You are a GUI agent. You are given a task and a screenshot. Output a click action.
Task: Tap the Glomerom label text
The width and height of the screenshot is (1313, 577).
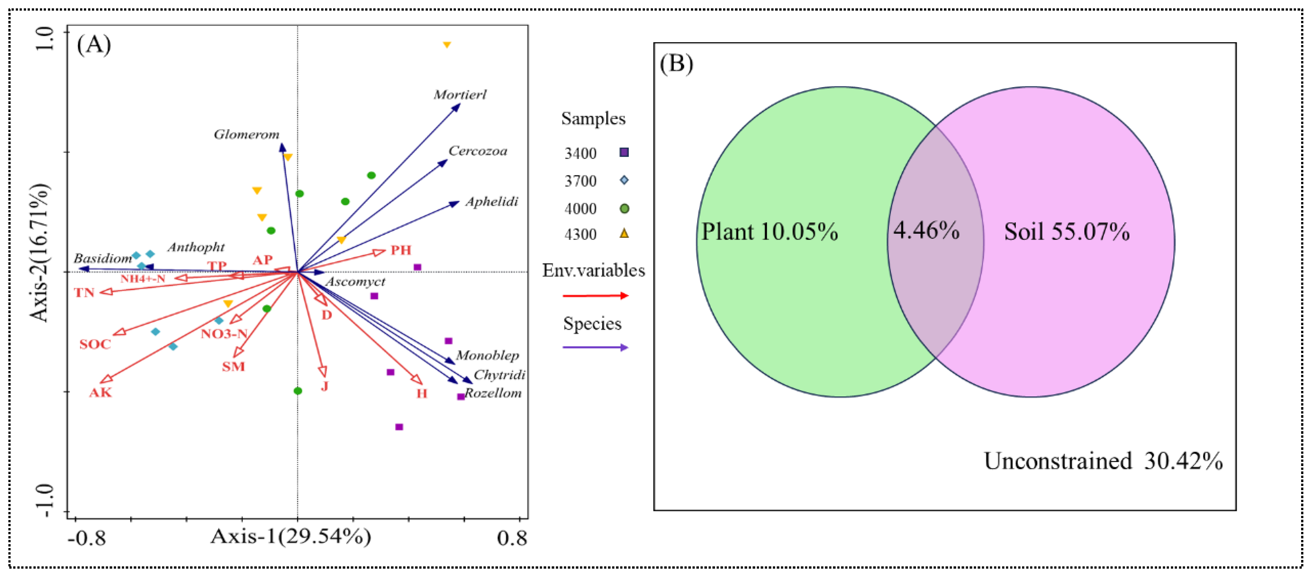(x=246, y=135)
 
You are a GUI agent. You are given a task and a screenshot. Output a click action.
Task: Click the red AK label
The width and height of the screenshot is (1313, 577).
(x=100, y=392)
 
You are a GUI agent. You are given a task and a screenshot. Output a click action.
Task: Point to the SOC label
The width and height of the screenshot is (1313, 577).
(x=95, y=344)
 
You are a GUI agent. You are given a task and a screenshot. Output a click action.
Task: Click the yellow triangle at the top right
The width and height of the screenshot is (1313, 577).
(x=447, y=45)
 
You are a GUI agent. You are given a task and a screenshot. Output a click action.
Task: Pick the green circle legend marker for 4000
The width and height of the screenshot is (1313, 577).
(x=624, y=209)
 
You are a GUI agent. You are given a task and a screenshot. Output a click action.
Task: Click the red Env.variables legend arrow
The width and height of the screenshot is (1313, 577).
(x=595, y=296)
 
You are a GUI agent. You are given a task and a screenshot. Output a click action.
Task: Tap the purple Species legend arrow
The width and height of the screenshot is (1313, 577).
(x=595, y=348)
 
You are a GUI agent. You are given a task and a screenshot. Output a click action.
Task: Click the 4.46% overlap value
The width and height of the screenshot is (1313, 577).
(x=926, y=231)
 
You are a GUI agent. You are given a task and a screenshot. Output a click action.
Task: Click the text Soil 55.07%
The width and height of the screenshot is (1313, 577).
(x=1066, y=232)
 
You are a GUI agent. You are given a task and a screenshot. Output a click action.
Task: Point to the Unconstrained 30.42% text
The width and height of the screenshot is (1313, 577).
(x=1102, y=461)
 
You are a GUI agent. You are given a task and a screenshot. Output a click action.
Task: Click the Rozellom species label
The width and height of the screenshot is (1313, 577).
(x=493, y=393)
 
